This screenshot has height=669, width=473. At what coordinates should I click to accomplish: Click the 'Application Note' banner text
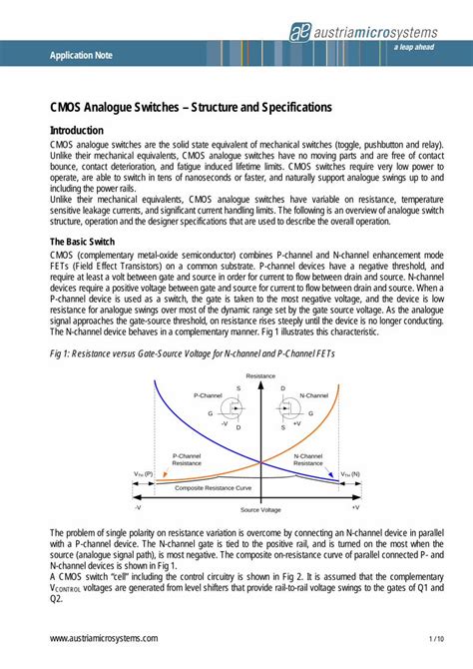(x=81, y=55)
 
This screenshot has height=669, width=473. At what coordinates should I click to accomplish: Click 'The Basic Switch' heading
(x=87, y=241)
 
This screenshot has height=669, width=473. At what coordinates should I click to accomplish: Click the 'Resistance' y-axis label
(x=260, y=375)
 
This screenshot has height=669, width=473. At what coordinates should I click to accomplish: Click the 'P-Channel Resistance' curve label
(x=192, y=459)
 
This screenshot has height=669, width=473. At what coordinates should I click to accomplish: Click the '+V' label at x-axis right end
(x=383, y=506)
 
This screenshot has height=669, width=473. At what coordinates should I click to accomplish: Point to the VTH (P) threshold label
(x=143, y=474)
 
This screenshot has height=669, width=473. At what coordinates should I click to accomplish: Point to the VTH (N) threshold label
(x=351, y=474)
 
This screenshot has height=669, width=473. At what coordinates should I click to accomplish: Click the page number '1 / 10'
(x=436, y=637)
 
